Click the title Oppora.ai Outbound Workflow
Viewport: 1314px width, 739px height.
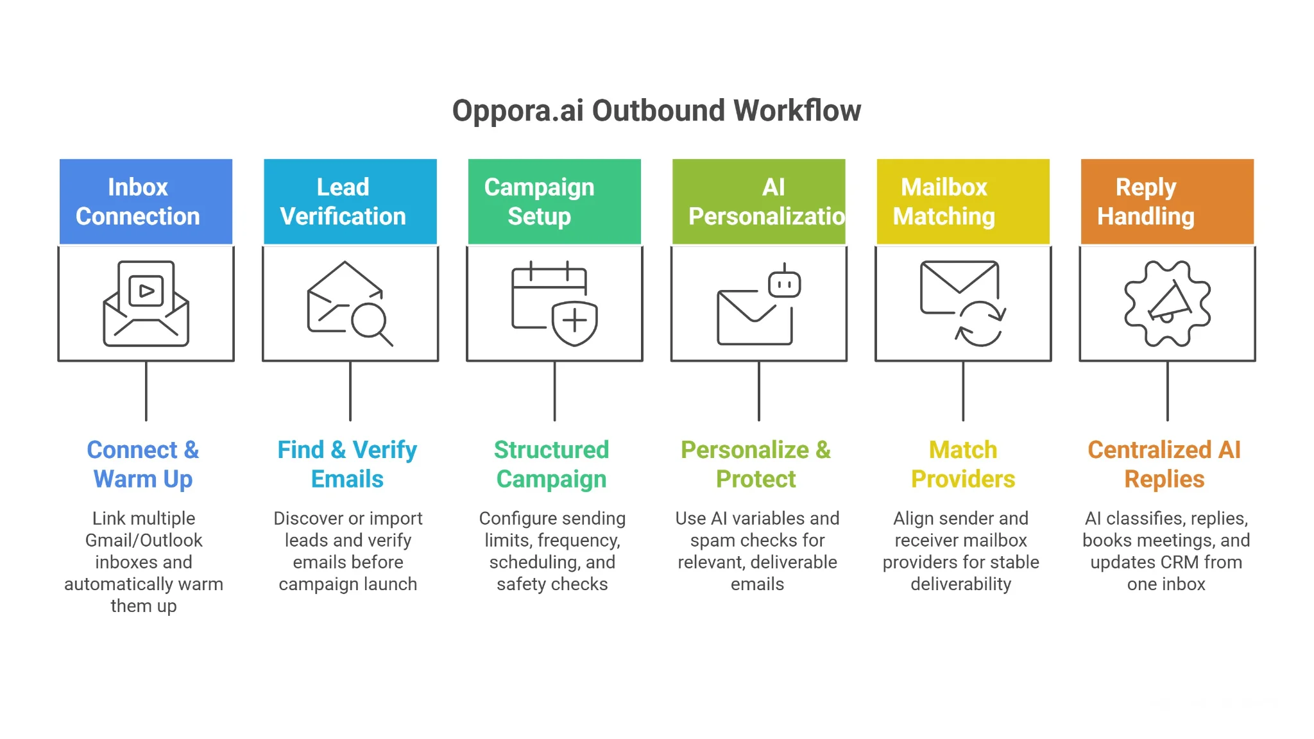click(x=656, y=110)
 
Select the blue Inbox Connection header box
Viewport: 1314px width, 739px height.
click(x=146, y=201)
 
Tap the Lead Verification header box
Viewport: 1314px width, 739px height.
click(x=350, y=201)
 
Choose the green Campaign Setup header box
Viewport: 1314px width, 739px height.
click(x=554, y=201)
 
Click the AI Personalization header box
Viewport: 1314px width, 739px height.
click(x=758, y=201)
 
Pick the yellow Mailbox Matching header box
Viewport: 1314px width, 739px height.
click(x=962, y=201)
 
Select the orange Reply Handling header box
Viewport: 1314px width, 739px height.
click(x=1167, y=201)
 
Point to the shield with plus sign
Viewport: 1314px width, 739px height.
click(x=574, y=322)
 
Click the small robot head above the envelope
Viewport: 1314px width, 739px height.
click(x=784, y=283)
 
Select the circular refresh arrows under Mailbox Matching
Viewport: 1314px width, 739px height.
click(x=980, y=324)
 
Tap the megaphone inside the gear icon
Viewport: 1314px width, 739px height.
click(x=1169, y=302)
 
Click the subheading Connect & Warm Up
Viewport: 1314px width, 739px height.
click(x=143, y=464)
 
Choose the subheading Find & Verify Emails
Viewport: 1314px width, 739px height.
click(x=347, y=464)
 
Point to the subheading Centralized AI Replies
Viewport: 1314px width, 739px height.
click(x=1165, y=464)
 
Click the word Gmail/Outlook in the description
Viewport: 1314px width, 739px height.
click(x=144, y=540)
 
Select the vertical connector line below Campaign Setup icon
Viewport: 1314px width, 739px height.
click(x=554, y=391)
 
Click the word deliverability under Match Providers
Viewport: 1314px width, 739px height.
click(x=960, y=584)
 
